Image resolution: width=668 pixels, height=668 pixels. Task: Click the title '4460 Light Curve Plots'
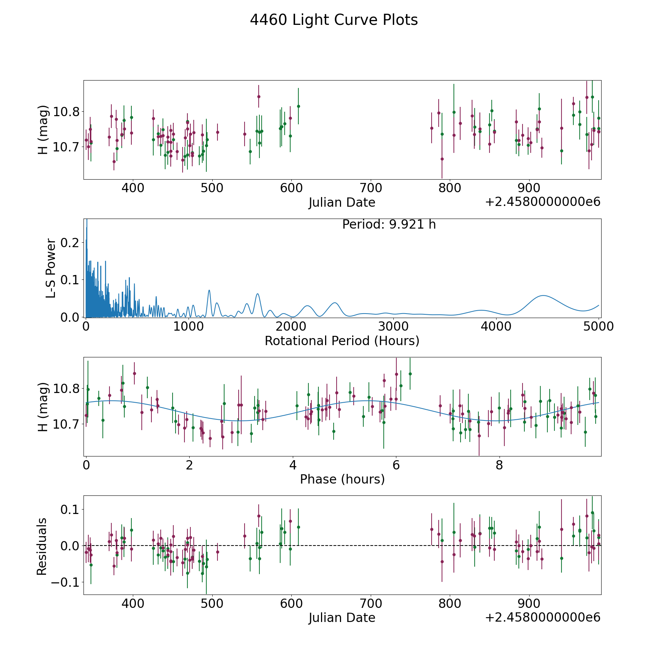pyautogui.click(x=334, y=20)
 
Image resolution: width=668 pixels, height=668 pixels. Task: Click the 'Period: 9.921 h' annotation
pyautogui.click(x=389, y=225)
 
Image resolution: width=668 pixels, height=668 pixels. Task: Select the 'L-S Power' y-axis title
pyautogui.click(x=51, y=268)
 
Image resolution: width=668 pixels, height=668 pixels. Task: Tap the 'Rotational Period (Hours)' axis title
pyautogui.click(x=342, y=341)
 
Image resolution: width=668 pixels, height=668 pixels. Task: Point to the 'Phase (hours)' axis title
pyautogui.click(x=342, y=479)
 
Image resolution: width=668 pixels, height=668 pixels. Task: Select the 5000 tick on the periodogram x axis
pyautogui.click(x=599, y=327)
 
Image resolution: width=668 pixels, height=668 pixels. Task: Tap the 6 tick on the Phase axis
pyautogui.click(x=396, y=465)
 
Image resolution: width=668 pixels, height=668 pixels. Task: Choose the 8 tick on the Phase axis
pyautogui.click(x=499, y=465)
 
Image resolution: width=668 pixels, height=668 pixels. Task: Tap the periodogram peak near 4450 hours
pyautogui.click(x=543, y=295)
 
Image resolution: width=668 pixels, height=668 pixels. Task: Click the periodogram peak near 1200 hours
pyautogui.click(x=209, y=290)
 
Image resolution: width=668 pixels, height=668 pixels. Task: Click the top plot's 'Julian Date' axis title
pyautogui.click(x=342, y=203)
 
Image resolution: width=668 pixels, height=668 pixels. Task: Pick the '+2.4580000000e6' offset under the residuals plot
pyautogui.click(x=543, y=617)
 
